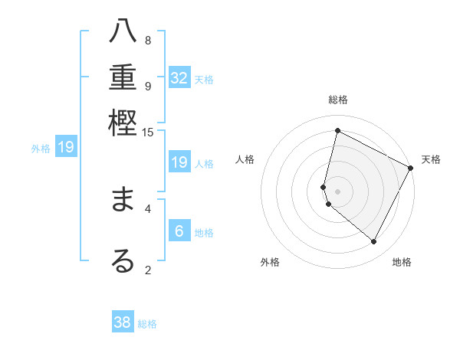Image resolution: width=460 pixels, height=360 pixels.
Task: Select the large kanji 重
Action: (123, 78)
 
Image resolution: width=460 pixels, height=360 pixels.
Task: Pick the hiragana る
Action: (123, 260)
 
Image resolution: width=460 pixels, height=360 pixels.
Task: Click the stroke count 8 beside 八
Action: (148, 41)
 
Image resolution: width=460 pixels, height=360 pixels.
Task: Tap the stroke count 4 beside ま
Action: (148, 207)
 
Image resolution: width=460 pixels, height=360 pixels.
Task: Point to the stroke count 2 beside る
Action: (148, 269)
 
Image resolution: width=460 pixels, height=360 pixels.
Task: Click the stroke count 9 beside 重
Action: (148, 86)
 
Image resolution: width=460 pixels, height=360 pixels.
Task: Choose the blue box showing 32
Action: (179, 78)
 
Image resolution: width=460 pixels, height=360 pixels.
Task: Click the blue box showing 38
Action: (123, 322)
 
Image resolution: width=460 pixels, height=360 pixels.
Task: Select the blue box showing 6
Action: (179, 231)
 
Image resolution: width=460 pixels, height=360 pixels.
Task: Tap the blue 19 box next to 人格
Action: (179, 162)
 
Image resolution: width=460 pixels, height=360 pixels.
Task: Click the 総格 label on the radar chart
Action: (337, 100)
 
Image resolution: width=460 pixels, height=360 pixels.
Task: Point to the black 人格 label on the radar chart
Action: (245, 159)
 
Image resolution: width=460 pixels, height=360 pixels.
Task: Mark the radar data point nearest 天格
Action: (412, 168)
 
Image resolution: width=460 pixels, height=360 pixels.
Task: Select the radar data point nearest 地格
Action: (374, 242)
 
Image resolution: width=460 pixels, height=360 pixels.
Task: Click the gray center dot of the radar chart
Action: (337, 191)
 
